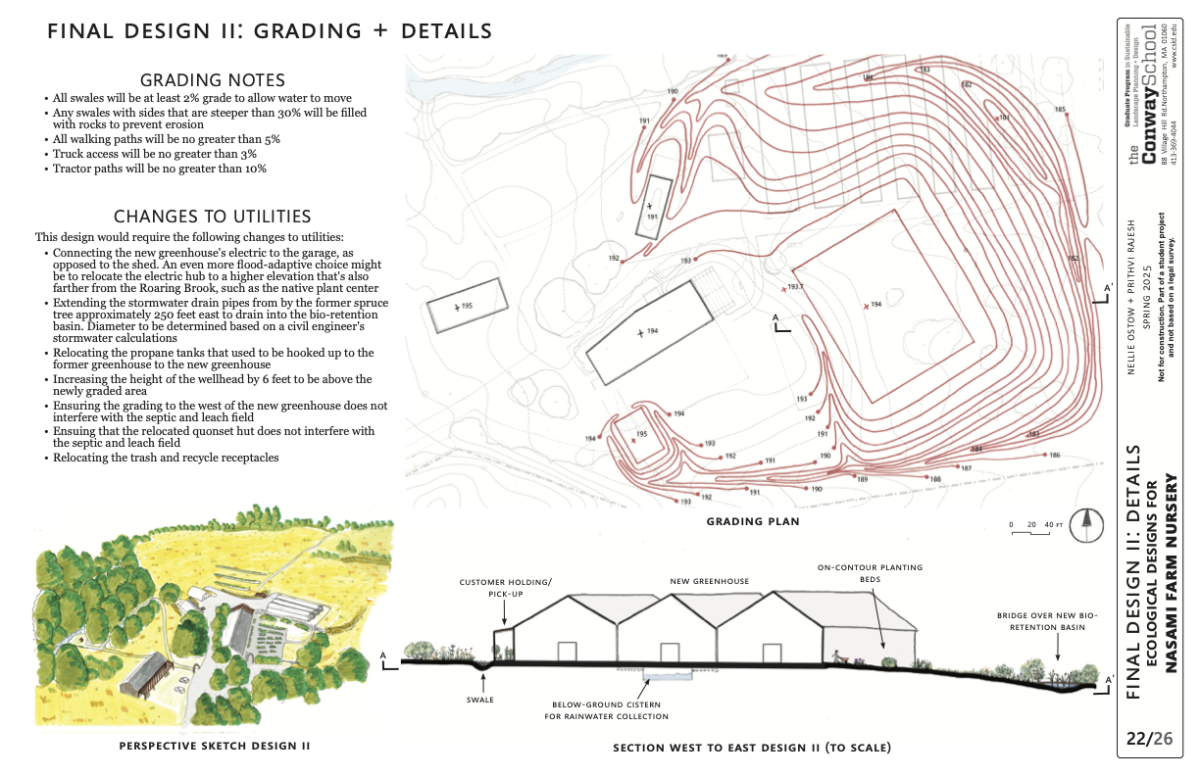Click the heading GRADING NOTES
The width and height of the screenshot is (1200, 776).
pyautogui.click(x=213, y=80)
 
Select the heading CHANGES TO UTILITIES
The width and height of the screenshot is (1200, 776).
pyautogui.click(x=213, y=217)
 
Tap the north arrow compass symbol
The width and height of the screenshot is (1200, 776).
pyautogui.click(x=1085, y=525)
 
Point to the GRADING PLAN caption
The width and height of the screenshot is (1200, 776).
pyautogui.click(x=753, y=521)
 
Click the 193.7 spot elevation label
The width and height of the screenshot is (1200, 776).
pyautogui.click(x=794, y=287)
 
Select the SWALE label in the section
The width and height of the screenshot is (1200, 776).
pyautogui.click(x=480, y=700)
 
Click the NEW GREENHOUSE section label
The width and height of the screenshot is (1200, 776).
pyautogui.click(x=710, y=581)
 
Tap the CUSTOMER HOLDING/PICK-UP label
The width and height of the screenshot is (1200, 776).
pyautogui.click(x=505, y=588)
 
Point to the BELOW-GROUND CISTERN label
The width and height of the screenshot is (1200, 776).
pyautogui.click(x=607, y=710)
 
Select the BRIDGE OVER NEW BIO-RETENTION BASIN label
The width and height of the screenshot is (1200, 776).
pyautogui.click(x=1047, y=622)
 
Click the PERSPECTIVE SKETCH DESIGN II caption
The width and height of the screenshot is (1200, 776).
pyautogui.click(x=215, y=746)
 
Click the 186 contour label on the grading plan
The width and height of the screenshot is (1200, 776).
pyautogui.click(x=1055, y=456)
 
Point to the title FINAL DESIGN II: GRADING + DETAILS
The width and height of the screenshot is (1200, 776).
pyautogui.click(x=270, y=31)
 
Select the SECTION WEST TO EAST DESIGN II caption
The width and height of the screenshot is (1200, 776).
pyautogui.click(x=752, y=748)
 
